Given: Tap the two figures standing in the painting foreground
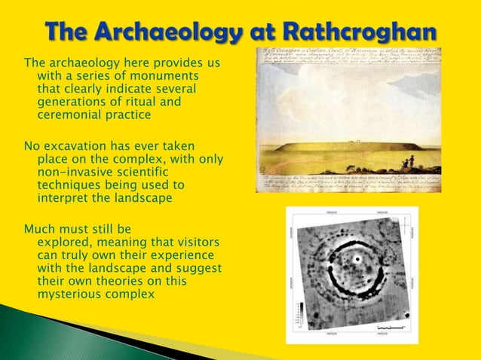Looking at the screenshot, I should [410, 161].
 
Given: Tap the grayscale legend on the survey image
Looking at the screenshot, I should [301, 317].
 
